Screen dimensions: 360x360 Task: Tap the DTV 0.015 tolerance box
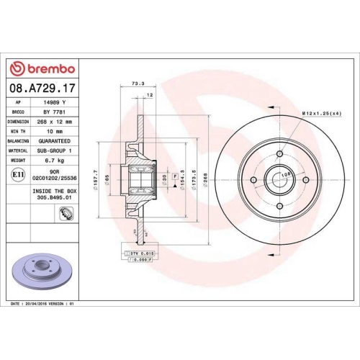click(142, 254)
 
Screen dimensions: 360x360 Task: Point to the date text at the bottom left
click(43, 305)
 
